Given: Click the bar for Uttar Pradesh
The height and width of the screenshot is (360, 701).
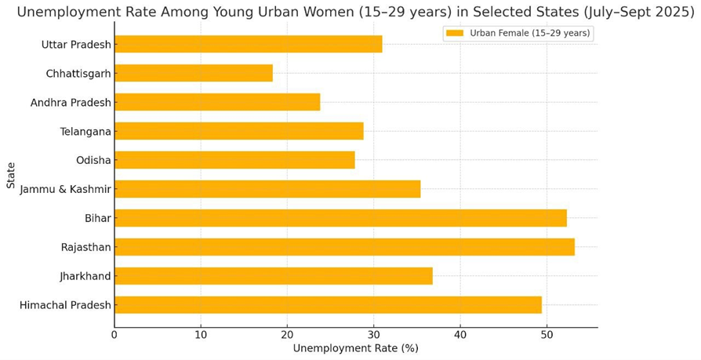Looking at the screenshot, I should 248,44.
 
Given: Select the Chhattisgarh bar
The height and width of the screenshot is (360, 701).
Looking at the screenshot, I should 194,73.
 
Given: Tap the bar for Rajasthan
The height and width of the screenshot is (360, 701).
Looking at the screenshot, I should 344,247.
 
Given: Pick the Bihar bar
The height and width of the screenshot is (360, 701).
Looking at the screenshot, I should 340,218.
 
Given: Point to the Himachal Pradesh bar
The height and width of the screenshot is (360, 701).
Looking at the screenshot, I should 328,305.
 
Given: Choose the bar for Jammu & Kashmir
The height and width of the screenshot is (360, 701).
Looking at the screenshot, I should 267,189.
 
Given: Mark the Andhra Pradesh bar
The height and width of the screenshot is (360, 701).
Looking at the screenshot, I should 217,102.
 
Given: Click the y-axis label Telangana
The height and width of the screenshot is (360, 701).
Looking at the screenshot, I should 85,131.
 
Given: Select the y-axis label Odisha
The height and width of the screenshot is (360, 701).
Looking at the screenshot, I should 93,160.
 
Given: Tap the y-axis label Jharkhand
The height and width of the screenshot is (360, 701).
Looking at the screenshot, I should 85,276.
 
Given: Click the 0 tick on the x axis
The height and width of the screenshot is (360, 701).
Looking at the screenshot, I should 114,334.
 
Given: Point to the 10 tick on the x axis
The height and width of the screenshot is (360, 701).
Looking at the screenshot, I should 201,334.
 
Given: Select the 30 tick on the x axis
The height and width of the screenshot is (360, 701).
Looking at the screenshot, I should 374,334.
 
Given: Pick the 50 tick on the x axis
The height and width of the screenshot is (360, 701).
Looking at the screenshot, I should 547,334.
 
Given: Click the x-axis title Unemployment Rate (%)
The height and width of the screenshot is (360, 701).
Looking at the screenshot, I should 355,348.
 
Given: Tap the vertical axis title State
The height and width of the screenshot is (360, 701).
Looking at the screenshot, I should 11,175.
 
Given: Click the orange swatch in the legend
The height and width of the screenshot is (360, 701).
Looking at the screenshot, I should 454,33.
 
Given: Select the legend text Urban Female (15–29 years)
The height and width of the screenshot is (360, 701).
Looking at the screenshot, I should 530,33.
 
